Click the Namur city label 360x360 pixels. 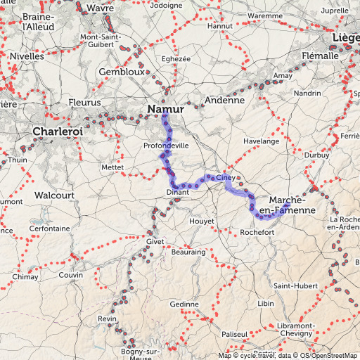pos(166,109)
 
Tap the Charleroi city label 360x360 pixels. pos(58,131)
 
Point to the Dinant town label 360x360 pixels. pos(179,192)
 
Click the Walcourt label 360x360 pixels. pos(54,194)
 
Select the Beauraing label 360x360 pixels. pos(188,252)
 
